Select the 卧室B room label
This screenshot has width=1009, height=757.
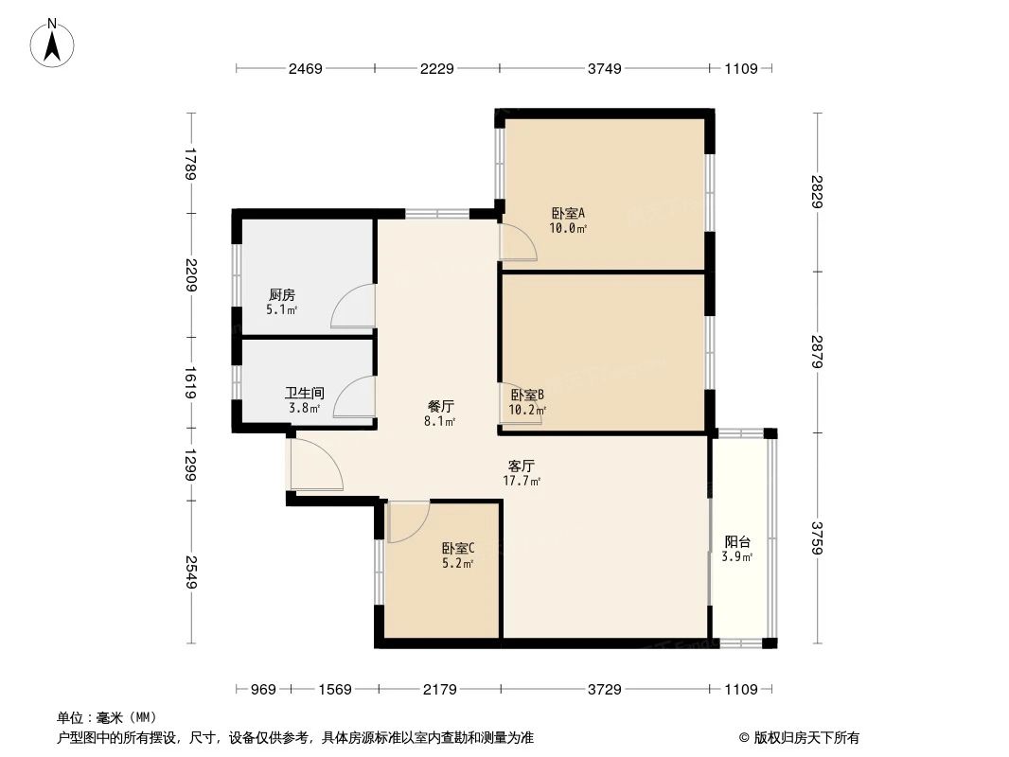coord(527,395)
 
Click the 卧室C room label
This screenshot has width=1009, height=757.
coord(458,548)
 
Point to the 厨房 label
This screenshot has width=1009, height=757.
coord(282,295)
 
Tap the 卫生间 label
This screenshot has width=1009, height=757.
coord(305,393)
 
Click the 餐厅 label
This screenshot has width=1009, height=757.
coord(440,405)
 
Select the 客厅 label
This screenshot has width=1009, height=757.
coord(522,466)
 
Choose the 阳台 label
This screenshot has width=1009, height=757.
coord(738,542)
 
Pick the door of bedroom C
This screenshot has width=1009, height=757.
coord(409,521)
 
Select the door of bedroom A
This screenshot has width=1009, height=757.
coord(520,243)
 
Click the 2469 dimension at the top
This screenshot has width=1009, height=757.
coord(306,68)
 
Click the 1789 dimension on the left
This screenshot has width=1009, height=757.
coord(190,164)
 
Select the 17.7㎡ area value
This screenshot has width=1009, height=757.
coord(522,481)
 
